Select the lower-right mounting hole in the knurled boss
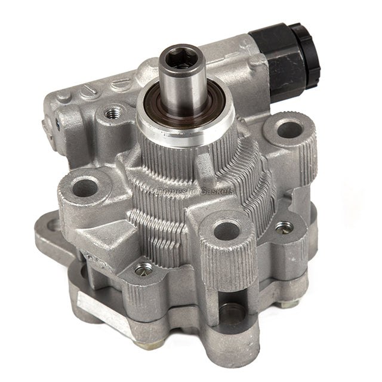pyautogui.click(x=227, y=230)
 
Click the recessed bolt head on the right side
pyautogui.click(x=285, y=227)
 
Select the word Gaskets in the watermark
pyautogui.click(x=212, y=190)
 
